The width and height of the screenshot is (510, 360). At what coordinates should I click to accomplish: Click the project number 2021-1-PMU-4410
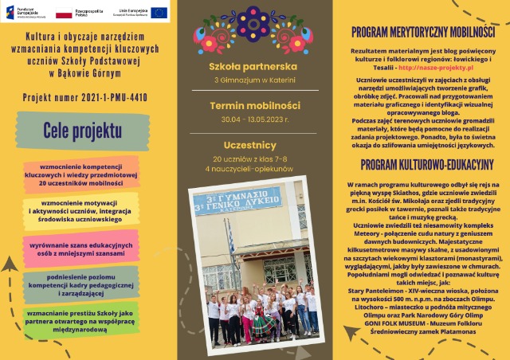pos(84,99)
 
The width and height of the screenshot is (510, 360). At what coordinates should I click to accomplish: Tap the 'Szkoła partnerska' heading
pos(253,66)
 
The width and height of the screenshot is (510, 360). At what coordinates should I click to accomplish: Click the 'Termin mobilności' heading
pos(254,105)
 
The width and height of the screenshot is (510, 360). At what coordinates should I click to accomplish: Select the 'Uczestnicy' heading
pos(254,145)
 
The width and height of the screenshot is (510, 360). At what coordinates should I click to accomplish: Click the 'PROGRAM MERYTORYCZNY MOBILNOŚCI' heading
pos(423,33)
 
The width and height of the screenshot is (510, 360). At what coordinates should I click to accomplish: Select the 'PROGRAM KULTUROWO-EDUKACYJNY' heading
pos(426,165)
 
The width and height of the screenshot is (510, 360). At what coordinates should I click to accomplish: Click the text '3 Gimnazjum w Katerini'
pos(253,80)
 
